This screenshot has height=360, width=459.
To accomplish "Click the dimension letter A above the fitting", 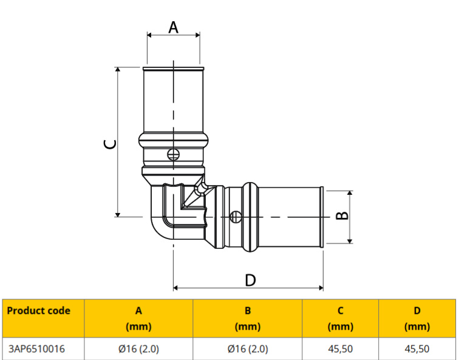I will coord(174,27).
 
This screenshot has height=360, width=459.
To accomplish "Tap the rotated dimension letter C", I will coord(110,144).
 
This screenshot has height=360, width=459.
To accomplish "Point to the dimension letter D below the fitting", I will coord(250,280).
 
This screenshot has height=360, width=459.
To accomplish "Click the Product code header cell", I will coord(39,311).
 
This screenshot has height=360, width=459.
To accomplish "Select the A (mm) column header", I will coord(138,318).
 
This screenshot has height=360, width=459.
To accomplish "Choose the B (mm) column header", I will coord(248,318).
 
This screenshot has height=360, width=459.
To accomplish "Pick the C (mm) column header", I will coord(341,318).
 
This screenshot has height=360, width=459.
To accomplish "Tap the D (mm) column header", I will coord(417,318).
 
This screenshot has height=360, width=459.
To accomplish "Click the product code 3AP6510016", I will coord(37,349).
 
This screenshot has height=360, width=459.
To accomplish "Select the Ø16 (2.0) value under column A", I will coord(138,349).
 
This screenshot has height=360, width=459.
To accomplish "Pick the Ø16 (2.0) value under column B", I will coord(248,349).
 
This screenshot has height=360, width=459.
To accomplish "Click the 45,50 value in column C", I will coord(341,349).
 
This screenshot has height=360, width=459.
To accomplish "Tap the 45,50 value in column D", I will coord(417,349).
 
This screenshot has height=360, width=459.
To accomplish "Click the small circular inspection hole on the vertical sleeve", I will coord(174,154).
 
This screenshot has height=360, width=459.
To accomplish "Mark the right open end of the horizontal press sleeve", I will coord(322,216).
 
